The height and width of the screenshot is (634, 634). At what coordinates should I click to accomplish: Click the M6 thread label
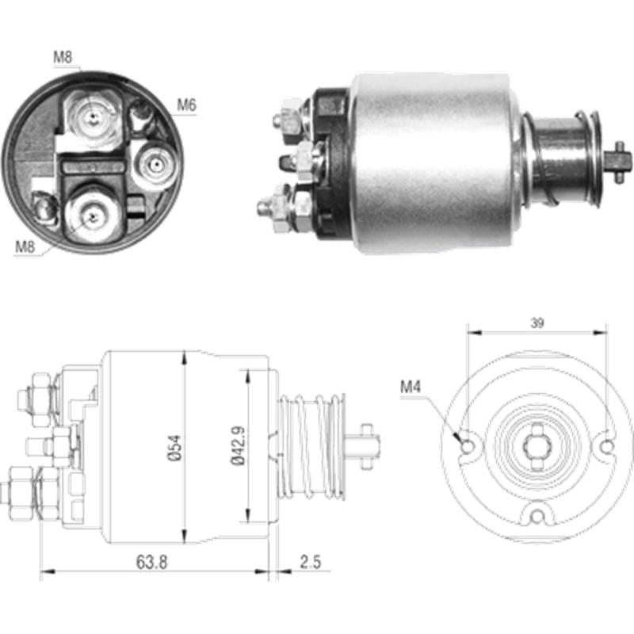[x=186, y=105]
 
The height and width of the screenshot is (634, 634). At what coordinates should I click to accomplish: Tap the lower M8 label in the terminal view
[x=25, y=246]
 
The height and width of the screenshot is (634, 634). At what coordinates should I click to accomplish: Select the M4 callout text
[x=411, y=388]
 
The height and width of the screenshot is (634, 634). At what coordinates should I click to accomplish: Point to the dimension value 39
[x=537, y=323]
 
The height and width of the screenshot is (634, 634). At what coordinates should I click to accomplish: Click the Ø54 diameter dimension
[x=183, y=445]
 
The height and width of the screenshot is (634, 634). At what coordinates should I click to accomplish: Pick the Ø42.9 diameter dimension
[x=249, y=445]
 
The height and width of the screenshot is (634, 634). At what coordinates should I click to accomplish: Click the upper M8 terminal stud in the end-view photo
[x=94, y=117]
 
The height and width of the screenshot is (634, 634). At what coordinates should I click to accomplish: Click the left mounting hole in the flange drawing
[x=468, y=446]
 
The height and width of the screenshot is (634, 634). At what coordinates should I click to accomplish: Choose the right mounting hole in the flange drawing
[x=606, y=446]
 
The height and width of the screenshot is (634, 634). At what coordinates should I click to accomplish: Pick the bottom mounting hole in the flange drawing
[x=537, y=516]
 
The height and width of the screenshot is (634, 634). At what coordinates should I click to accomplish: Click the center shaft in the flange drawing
[x=537, y=446]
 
